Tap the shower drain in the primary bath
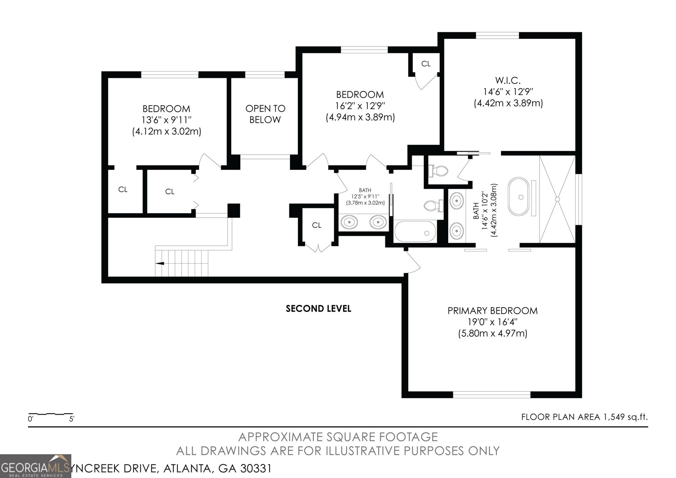pos(557,199)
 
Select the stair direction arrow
pos(160,263)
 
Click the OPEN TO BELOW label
pos(265,114)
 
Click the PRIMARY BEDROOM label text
pos(492,311)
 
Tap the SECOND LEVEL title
pos(318,309)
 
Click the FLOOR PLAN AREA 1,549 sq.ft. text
pos(584,417)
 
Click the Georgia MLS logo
pos(35,466)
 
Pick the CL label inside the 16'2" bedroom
pos(425,64)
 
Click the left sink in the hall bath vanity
pos(349,221)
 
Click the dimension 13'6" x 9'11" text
pos(166,120)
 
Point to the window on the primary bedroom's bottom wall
pos(491,395)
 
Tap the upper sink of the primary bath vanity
pos(456,200)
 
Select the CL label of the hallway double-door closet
pos(316,225)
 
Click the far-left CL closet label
pos(123,189)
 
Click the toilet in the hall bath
pos(433,206)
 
